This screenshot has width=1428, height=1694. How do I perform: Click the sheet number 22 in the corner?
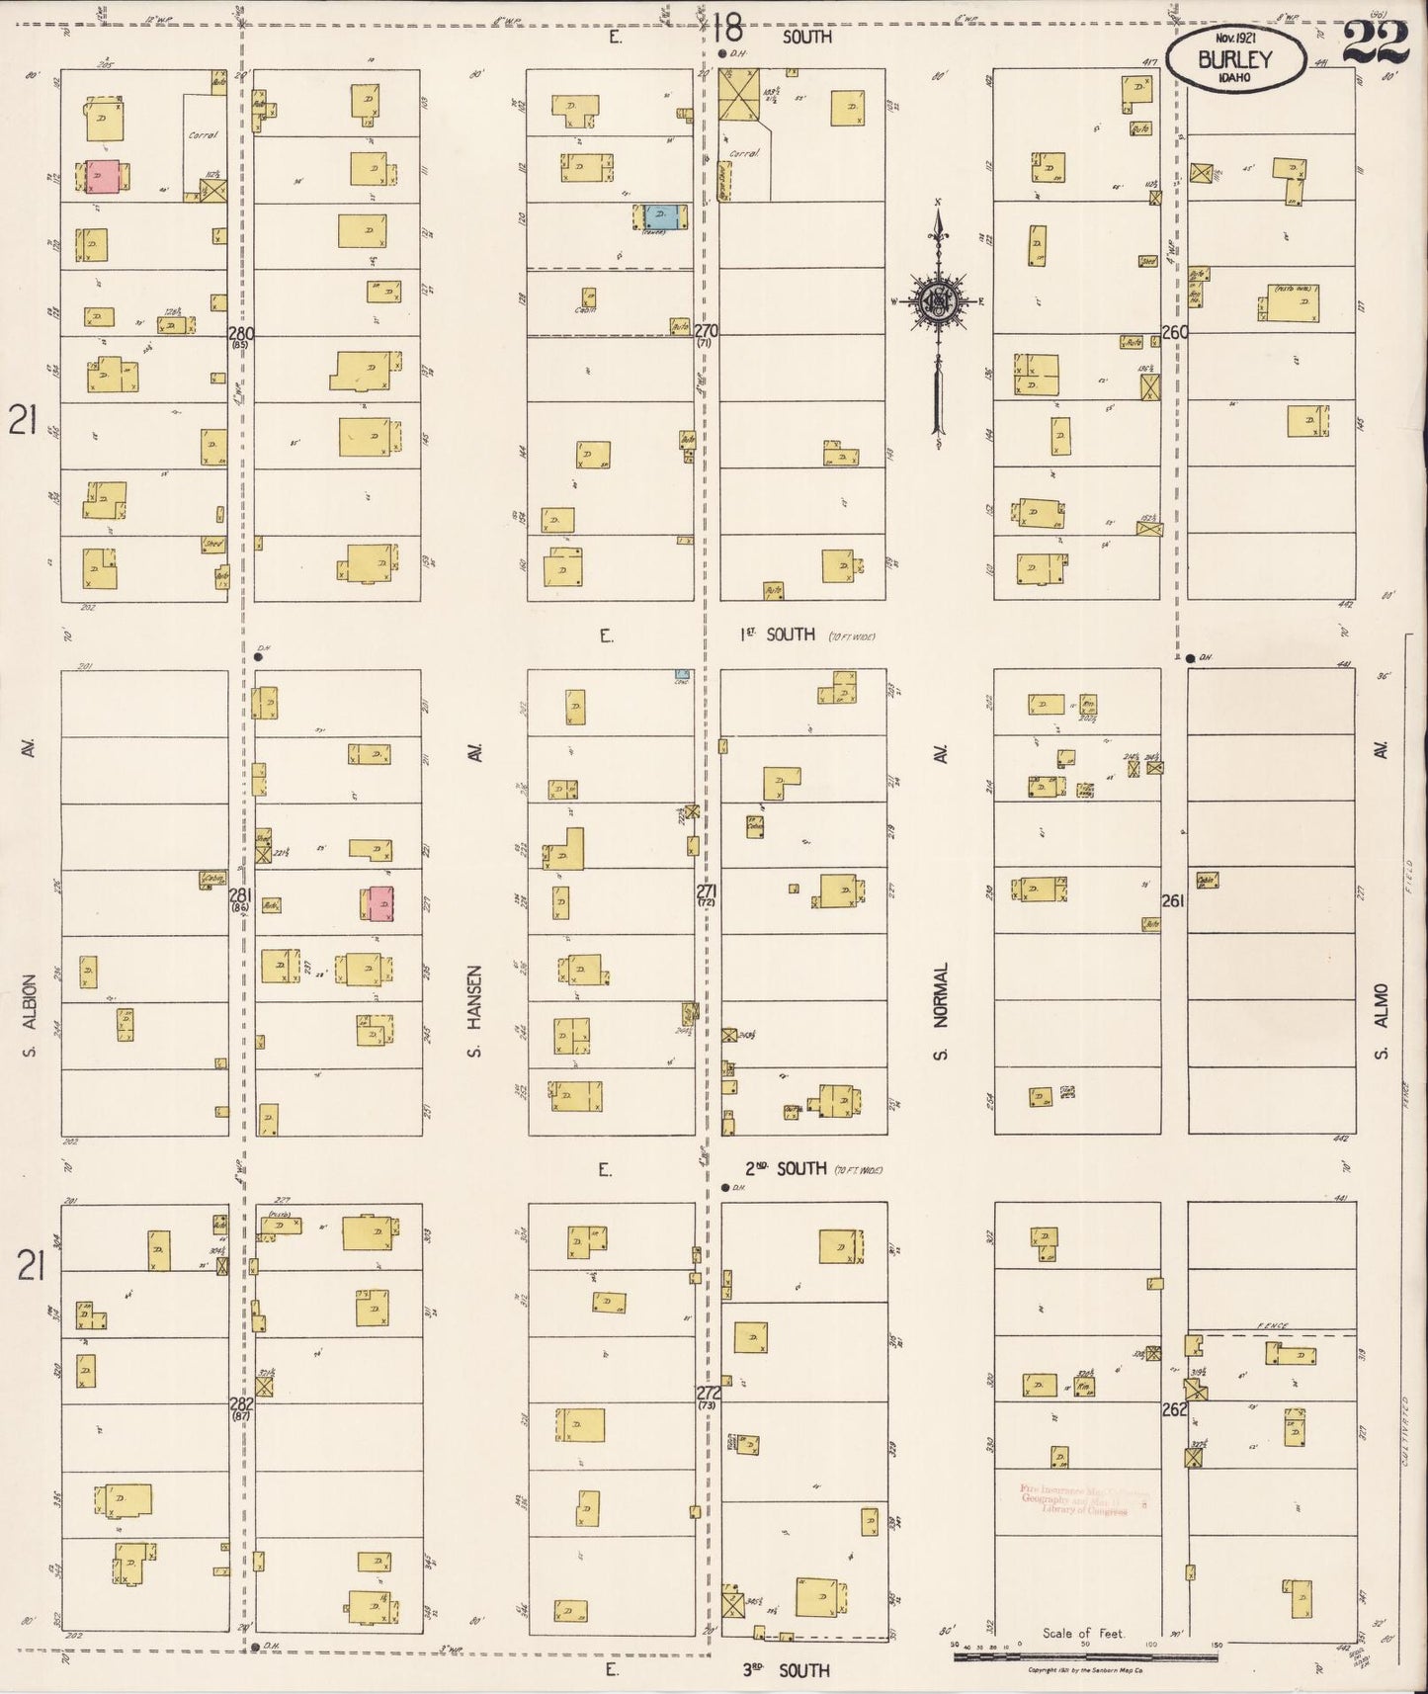tap(1375, 42)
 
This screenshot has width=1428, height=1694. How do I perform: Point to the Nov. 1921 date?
tap(1234, 37)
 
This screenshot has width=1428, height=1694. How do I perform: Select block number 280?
tap(240, 334)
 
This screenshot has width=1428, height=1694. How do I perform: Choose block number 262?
tap(1174, 1409)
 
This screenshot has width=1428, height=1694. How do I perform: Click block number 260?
tap(1174, 333)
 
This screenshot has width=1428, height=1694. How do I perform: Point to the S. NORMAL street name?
tap(940, 1010)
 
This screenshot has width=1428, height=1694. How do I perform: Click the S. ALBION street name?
tap(29, 1015)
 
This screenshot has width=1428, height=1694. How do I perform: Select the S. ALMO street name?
tap(1382, 1018)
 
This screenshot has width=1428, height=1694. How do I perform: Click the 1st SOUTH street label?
tap(778, 635)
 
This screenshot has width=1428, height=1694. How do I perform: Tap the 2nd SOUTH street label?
tap(786, 1169)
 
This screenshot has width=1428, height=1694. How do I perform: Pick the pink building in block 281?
tap(380, 903)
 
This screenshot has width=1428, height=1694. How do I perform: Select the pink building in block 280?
tap(103, 177)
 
